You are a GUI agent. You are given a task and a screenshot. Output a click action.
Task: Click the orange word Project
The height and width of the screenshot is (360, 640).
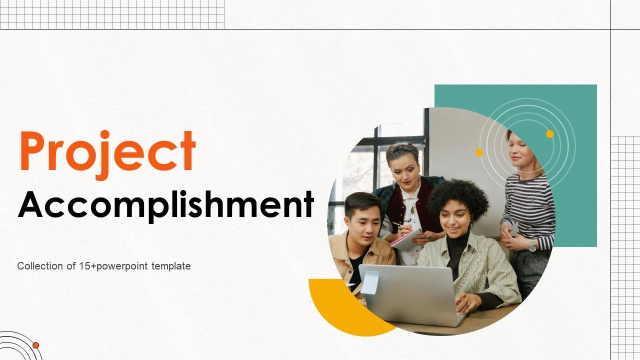tap(107, 152)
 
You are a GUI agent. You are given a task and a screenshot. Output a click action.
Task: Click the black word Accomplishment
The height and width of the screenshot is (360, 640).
tap(165, 205)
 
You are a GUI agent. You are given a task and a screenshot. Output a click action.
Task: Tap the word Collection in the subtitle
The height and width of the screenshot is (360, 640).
tap(40, 266)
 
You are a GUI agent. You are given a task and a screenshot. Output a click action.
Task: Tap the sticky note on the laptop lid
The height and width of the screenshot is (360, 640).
tap(369, 282)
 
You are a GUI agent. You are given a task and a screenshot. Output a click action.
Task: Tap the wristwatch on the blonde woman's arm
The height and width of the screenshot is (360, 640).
tap(532, 244)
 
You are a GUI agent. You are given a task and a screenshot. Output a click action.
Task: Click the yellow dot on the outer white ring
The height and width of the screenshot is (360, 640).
tap(550, 134)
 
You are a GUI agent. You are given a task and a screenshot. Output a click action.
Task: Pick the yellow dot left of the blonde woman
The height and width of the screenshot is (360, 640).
tap(479, 152)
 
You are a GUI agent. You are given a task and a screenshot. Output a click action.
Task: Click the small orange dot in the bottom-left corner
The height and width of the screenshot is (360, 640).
tap(36, 345)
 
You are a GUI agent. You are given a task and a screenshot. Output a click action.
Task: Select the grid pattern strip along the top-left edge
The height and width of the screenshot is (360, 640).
tap(112, 14)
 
